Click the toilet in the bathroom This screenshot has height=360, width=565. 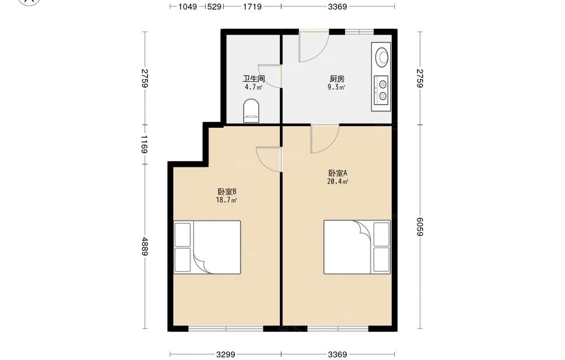251,111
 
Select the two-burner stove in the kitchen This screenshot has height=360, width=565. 381,90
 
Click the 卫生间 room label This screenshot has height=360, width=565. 254,79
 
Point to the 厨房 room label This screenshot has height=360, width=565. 337,79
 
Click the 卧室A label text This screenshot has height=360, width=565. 338,174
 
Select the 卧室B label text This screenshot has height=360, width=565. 227,192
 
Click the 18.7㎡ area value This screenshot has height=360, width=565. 227,201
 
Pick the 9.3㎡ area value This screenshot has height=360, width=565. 337,87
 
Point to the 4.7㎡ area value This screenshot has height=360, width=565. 254,87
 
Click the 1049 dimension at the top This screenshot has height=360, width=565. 188,6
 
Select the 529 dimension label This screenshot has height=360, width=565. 214,6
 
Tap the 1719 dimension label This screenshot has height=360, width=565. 252,6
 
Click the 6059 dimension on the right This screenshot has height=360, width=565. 419,227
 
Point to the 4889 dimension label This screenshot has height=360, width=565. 145,246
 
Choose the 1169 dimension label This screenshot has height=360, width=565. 145,144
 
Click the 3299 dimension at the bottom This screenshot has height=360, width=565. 226,354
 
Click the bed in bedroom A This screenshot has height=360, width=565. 357,247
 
